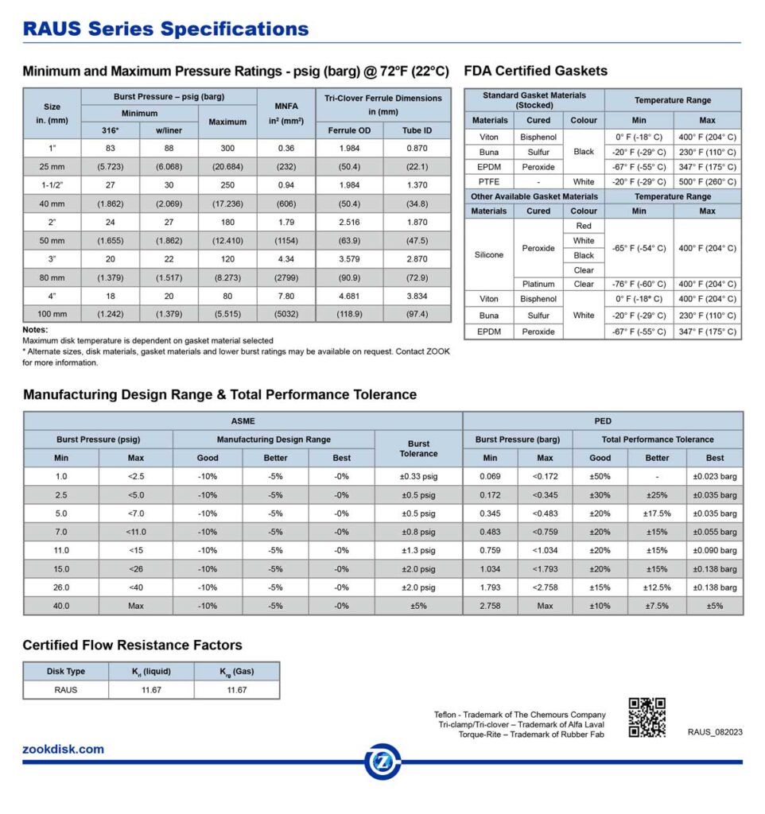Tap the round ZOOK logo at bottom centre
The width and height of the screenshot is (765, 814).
point(382,762)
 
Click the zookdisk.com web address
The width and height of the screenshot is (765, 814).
point(64,749)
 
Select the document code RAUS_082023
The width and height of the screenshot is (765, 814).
point(715,732)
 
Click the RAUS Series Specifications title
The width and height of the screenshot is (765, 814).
point(165,29)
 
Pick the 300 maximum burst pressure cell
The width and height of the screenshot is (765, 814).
point(227,149)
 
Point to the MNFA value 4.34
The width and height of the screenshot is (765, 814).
point(286,259)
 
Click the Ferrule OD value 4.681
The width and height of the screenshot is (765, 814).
point(349,296)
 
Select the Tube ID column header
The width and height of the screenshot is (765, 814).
point(417,130)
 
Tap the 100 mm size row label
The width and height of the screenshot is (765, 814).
point(52,315)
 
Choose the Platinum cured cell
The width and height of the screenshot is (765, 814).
point(538,284)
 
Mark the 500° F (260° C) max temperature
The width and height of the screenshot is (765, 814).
point(707,182)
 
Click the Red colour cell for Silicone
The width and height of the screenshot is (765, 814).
point(584,227)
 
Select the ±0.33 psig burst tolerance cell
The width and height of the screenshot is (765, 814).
point(418,477)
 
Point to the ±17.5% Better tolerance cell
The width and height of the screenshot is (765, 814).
point(657,514)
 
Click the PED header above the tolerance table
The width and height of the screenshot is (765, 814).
point(603,421)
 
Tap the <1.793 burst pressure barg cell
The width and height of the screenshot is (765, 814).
point(545,569)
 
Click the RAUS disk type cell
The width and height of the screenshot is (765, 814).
point(66,689)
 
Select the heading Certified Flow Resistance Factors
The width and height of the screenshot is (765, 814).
point(133,645)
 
